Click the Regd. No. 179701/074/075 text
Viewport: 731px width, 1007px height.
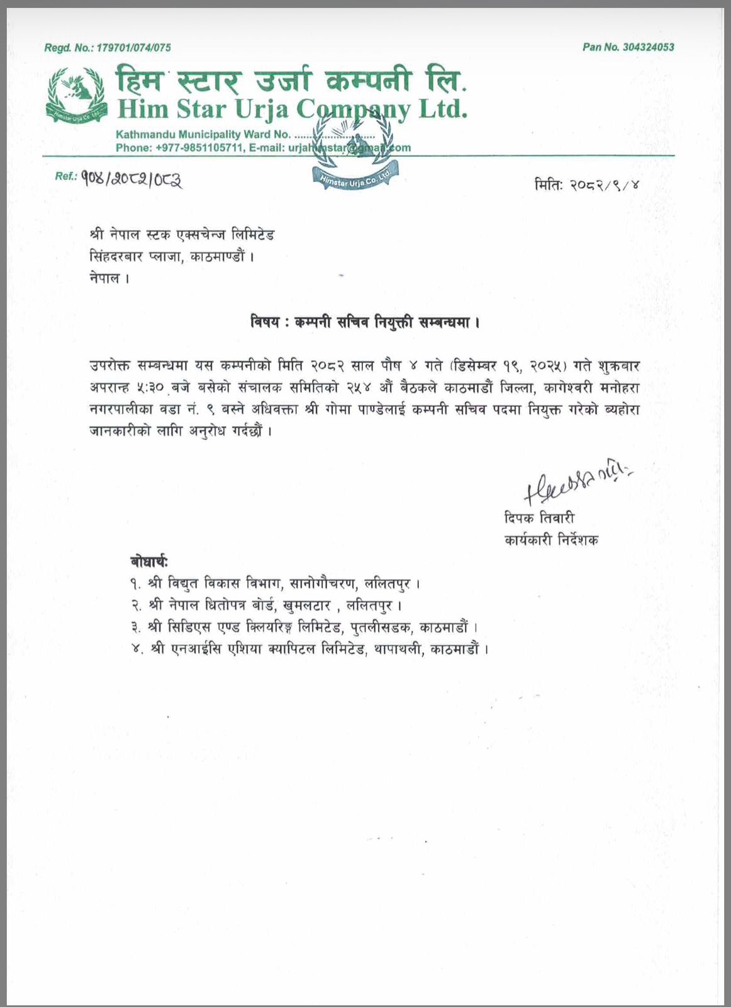point(108,48)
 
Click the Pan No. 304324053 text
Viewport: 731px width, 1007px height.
point(628,47)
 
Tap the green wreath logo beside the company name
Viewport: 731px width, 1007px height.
point(75,96)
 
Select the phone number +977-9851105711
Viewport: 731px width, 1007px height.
point(199,148)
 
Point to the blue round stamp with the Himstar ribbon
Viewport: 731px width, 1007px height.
point(355,155)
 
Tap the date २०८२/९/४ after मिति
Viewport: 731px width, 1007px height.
point(605,186)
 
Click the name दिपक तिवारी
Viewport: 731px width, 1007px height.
point(539,519)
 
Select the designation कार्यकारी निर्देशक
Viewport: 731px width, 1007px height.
point(551,540)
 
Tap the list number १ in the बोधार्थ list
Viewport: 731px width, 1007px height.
point(135,584)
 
